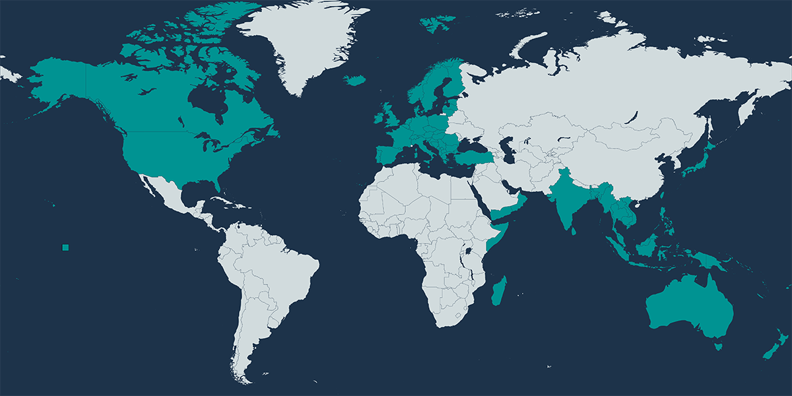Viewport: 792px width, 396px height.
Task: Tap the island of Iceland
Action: tap(355, 80)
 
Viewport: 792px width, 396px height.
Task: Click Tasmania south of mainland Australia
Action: tap(719, 345)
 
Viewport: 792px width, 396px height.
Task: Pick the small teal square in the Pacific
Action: tap(65, 247)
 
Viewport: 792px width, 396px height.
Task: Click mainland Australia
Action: tap(690, 307)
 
